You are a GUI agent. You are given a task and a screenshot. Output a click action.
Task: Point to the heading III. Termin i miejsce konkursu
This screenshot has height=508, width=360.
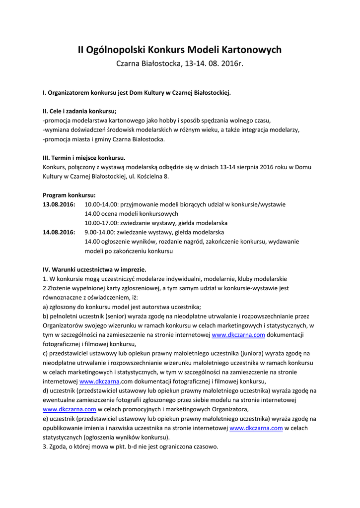pos(84,158)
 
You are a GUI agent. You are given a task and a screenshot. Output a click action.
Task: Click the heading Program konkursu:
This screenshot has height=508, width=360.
pos(69,195)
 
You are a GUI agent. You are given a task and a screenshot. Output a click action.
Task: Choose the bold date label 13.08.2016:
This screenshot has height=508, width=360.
pos(59,204)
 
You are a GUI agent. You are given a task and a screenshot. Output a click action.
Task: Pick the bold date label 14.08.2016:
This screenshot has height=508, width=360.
pos(59,232)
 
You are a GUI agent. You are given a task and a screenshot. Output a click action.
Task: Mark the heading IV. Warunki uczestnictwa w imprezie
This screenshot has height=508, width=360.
pos(94,269)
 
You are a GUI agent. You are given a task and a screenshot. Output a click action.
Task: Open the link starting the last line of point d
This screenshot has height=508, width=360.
pos(70,409)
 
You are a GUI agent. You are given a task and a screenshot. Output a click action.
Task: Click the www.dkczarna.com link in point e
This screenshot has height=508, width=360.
pos(256,428)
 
